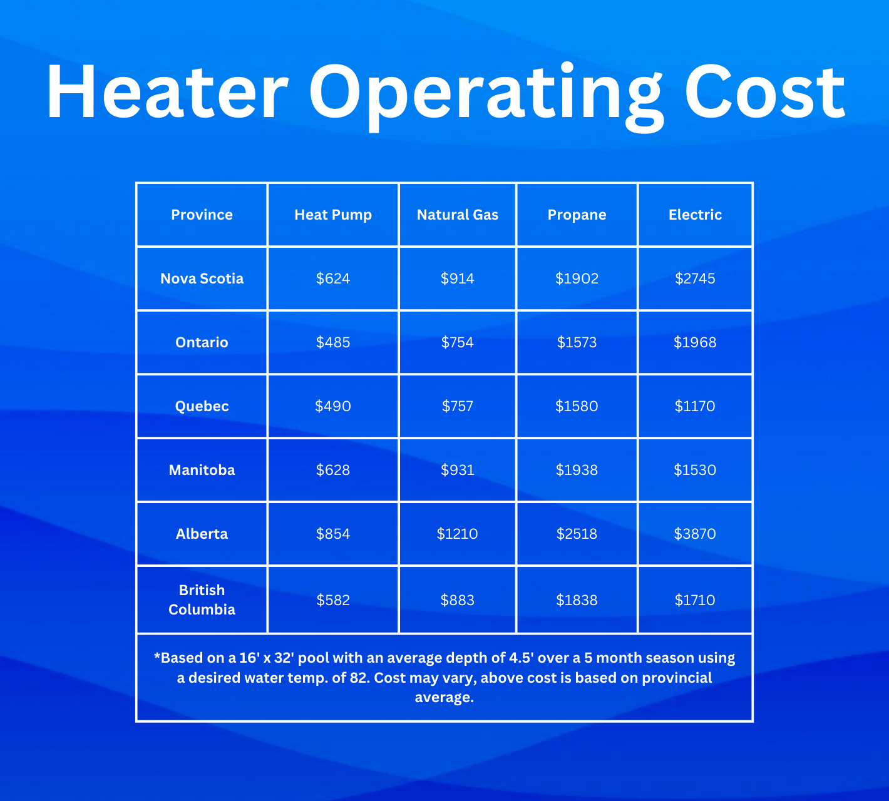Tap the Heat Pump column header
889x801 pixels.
[x=333, y=215]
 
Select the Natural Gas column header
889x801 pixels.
[x=457, y=215]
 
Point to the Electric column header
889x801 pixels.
[x=695, y=215]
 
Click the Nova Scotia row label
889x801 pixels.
[x=202, y=278]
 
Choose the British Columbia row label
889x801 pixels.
[x=202, y=599]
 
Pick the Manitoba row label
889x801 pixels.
[x=202, y=470]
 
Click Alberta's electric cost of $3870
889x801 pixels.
[x=695, y=534]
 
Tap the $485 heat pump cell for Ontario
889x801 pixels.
[x=333, y=342]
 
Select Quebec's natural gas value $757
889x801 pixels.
[x=457, y=406]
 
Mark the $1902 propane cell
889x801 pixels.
[x=577, y=278]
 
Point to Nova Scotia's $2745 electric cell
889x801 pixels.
[x=695, y=278]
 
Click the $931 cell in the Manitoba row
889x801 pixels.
[x=457, y=470]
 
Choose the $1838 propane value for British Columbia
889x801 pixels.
[x=577, y=600]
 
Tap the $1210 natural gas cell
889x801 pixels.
[x=457, y=534]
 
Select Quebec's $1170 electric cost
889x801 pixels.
[x=695, y=406]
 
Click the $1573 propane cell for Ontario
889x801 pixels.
[x=577, y=342]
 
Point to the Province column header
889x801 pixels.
[x=202, y=215]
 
